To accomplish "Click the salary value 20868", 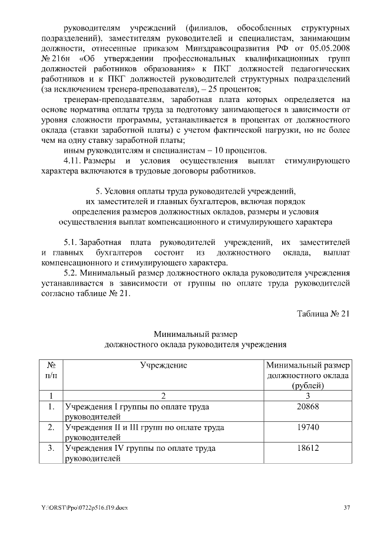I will (309, 407).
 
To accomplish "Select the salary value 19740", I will (309, 427).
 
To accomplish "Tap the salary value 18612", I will (309, 448).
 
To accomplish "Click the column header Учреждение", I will (163, 365).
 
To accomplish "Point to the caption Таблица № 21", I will (324, 313).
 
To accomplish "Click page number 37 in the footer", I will (347, 507).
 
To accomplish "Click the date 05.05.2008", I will (331, 58).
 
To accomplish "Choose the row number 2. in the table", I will (51, 427).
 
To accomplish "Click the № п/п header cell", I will (51, 371).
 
